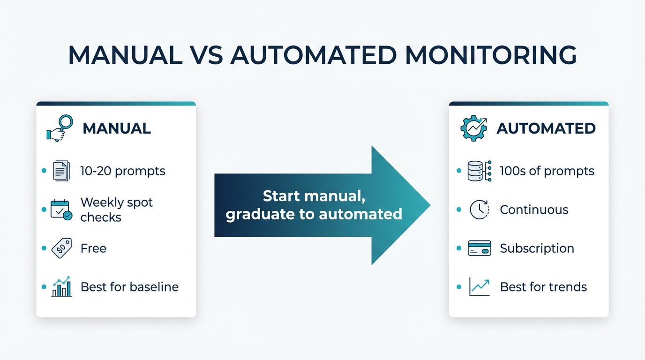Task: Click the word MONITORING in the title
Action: [490, 55]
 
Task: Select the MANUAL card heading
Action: [117, 128]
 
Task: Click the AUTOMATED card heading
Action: [546, 128]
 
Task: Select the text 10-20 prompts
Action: [123, 171]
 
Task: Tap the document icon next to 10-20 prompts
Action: [61, 171]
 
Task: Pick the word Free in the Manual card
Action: [93, 248]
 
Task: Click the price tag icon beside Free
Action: [61, 248]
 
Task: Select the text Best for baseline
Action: [129, 287]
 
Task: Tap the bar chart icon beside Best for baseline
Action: [61, 287]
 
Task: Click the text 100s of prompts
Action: [547, 171]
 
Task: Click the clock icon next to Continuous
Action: [479, 210]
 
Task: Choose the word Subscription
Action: [537, 248]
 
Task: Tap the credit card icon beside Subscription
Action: [479, 248]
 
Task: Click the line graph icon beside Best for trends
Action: [479, 287]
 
